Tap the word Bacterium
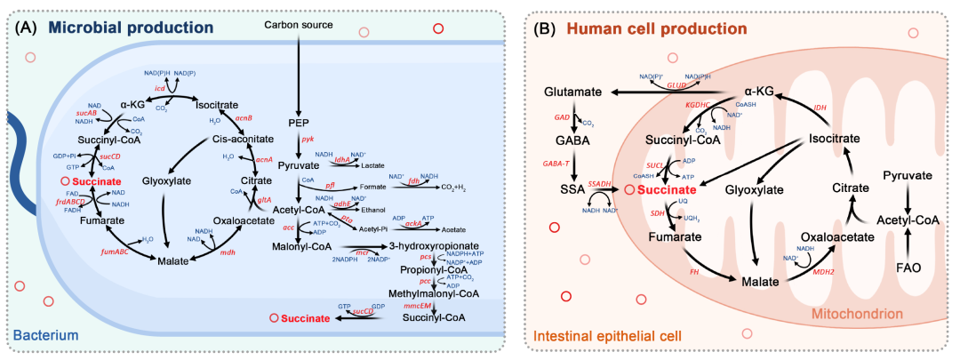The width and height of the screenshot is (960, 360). pos(44,335)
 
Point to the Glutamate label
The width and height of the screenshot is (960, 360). pos(576,92)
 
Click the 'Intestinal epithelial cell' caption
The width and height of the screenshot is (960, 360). pos(609,335)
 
